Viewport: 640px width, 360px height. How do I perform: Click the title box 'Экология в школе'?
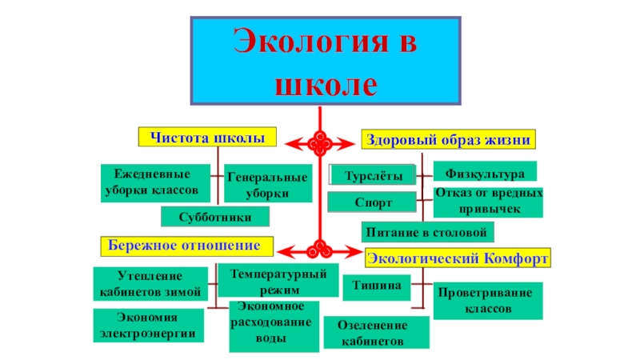[325, 61]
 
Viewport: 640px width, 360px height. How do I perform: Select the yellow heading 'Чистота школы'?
[207, 137]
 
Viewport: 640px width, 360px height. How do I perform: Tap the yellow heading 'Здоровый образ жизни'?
[448, 139]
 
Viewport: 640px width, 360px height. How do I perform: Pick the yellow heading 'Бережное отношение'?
[186, 244]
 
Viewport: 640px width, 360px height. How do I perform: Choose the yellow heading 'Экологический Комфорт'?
[458, 258]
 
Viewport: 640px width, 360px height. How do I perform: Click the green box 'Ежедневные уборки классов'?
[156, 184]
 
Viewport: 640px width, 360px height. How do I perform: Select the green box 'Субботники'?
[215, 216]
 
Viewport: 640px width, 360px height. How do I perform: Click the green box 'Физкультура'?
[485, 173]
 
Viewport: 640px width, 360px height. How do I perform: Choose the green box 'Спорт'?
[374, 203]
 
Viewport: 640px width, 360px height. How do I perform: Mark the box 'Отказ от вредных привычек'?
[489, 202]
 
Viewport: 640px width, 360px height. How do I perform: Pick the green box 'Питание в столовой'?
[427, 232]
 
